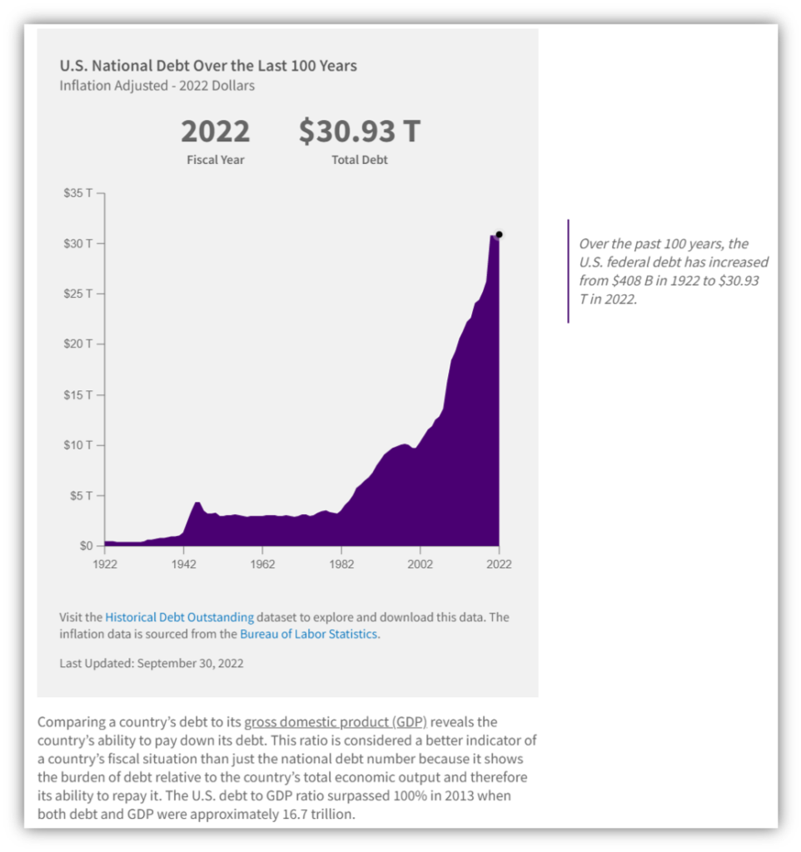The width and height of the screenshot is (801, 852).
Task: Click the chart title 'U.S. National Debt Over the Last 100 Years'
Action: (x=208, y=65)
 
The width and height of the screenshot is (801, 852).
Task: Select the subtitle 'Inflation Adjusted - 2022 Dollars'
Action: (x=157, y=86)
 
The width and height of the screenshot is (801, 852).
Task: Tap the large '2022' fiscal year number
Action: (x=215, y=131)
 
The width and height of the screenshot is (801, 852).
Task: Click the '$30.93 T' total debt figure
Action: (x=360, y=131)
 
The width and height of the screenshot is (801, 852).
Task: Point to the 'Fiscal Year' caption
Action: (x=215, y=160)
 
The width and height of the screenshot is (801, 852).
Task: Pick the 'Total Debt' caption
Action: (x=360, y=160)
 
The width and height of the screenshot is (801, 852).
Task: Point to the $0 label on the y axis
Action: (x=86, y=546)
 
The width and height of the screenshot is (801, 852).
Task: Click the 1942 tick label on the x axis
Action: (x=183, y=563)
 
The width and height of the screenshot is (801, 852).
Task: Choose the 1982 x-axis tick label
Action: (x=341, y=563)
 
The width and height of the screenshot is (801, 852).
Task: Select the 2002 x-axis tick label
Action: (x=420, y=563)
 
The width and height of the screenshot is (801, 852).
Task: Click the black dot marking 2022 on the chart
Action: (x=499, y=235)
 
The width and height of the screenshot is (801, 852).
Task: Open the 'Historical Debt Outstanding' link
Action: (x=179, y=617)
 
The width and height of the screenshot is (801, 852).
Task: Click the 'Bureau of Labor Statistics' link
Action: (x=309, y=634)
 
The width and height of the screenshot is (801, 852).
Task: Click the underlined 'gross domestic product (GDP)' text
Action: (x=336, y=722)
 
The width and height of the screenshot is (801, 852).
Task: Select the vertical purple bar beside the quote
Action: (x=568, y=271)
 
